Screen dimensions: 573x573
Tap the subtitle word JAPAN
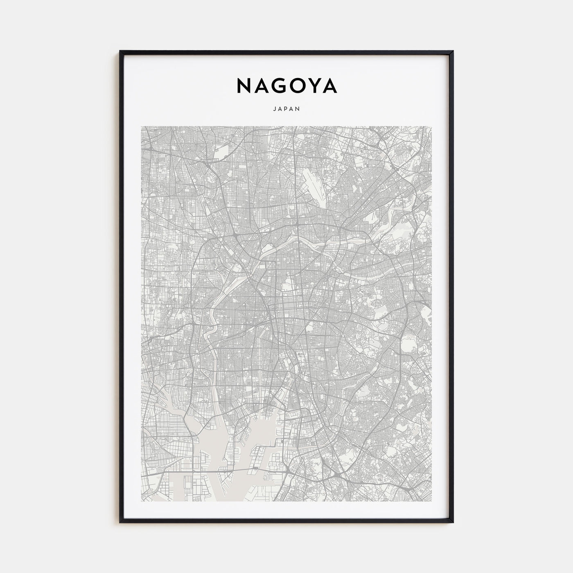(x=286, y=109)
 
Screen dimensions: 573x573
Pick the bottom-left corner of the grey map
(x=141, y=501)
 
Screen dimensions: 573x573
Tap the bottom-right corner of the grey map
(x=432, y=501)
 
